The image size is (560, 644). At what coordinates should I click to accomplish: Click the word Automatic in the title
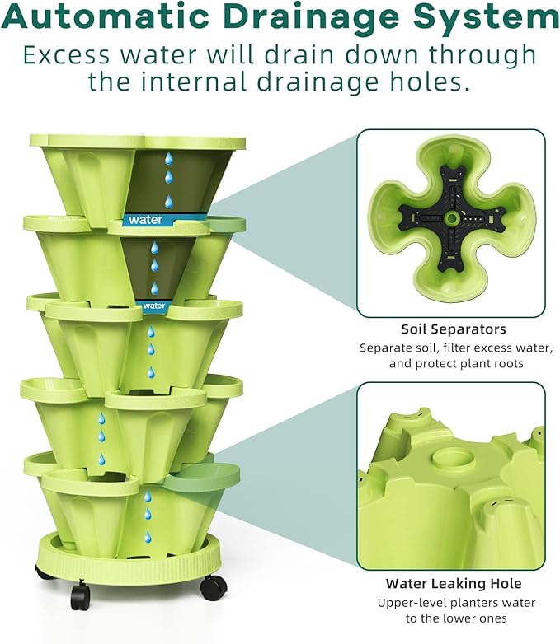108,17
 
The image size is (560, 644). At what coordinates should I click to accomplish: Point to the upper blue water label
145,220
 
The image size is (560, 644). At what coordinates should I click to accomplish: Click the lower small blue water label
153,306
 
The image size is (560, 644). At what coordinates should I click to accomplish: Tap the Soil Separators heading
454,329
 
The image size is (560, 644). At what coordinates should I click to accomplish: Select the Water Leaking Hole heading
454,583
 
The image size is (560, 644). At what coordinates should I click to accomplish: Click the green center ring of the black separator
452,218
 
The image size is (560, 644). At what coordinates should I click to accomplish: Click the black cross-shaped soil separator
452,218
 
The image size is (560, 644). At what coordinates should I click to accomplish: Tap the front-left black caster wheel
80,595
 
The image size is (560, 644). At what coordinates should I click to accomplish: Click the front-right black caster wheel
213,587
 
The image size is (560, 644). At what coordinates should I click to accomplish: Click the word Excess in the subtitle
67,55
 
